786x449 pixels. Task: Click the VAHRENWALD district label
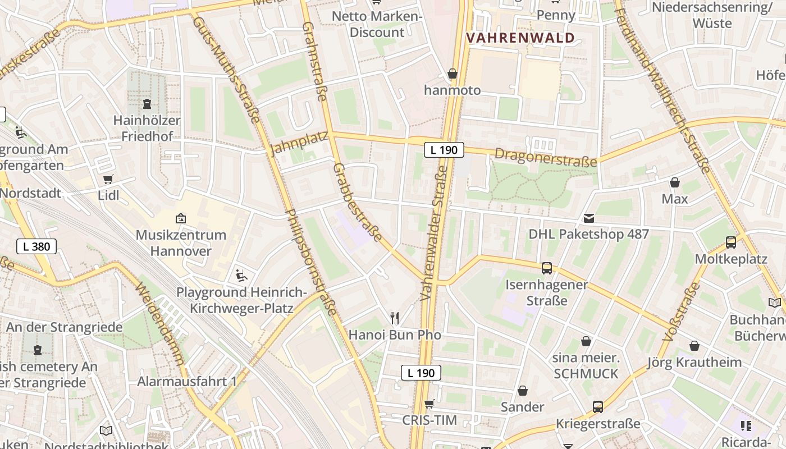point(521,38)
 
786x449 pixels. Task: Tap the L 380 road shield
point(36,246)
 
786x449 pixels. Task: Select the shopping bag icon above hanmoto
point(453,74)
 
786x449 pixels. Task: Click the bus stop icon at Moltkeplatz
point(731,242)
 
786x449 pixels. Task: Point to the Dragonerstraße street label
point(546,158)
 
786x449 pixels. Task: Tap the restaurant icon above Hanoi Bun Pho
point(395,318)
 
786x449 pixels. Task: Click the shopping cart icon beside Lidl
point(108,180)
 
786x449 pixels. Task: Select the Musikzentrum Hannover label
point(181,242)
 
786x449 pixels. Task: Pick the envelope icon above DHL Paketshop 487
point(589,218)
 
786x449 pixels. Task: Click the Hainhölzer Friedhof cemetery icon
point(147,104)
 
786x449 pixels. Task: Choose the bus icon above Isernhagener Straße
point(546,268)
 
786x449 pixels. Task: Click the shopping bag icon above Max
point(675,182)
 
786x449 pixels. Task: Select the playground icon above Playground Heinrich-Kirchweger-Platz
point(241,276)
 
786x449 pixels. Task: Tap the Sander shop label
point(523,407)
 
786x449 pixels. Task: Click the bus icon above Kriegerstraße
point(598,407)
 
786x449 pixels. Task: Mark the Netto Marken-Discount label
point(377,24)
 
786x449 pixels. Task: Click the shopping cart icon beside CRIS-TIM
point(429,404)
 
